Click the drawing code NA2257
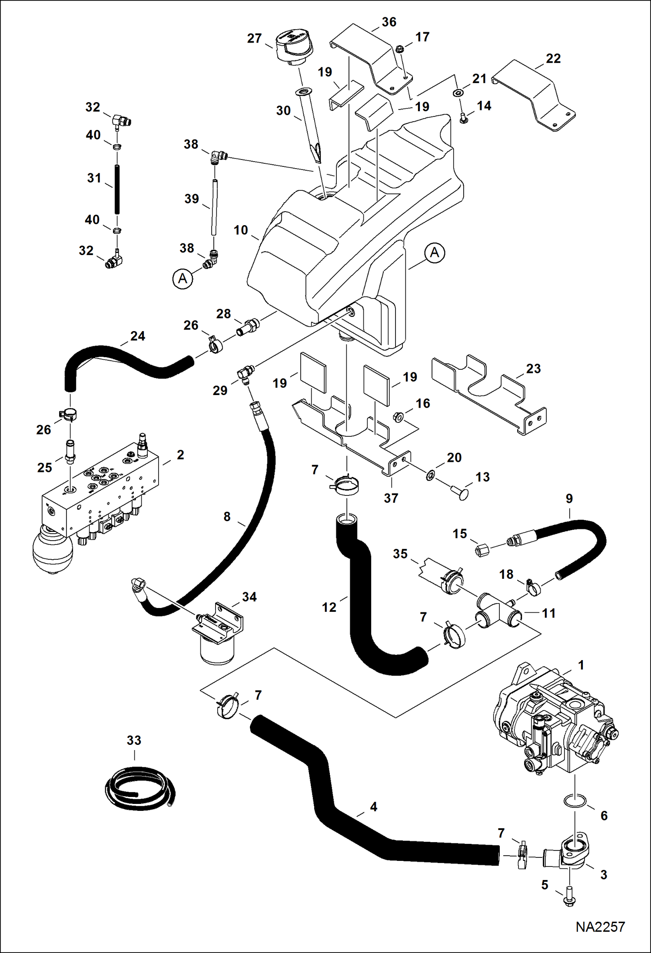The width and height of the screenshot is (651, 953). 600,927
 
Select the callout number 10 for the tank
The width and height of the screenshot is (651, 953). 241,230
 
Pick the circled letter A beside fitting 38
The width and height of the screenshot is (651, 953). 183,279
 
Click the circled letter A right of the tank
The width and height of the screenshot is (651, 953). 435,253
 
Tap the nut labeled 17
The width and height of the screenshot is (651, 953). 401,48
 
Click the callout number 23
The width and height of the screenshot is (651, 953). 533,369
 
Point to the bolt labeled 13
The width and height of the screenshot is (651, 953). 464,494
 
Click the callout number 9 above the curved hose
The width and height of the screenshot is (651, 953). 569,498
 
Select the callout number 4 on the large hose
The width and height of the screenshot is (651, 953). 373,807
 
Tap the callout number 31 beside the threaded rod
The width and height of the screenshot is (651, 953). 94,178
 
